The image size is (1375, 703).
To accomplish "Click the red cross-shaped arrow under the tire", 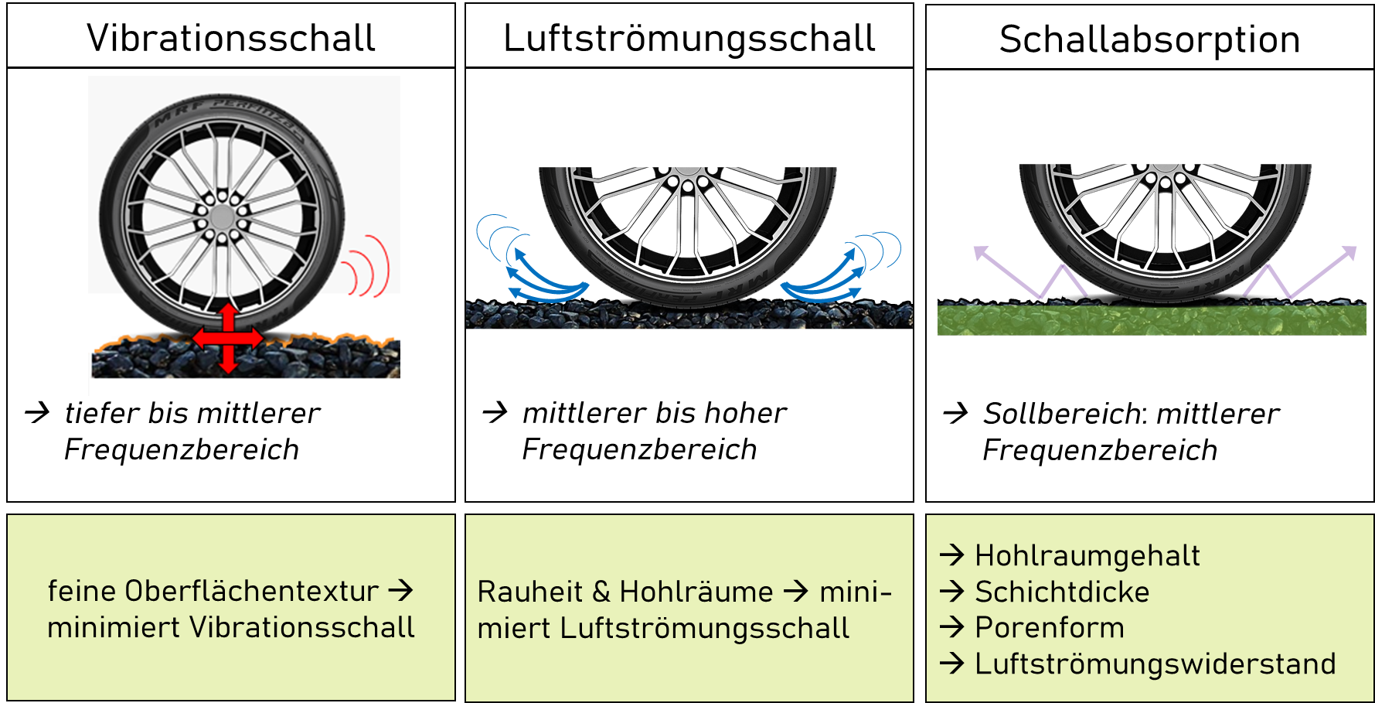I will [x=228, y=338].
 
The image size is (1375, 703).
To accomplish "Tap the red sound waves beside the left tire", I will [x=366, y=267].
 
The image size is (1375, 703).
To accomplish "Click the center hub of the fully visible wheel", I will [x=222, y=217].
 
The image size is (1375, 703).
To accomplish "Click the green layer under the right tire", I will [x=1152, y=319].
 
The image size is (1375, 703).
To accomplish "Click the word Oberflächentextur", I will [x=252, y=592].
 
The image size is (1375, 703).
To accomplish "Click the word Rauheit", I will [x=530, y=592].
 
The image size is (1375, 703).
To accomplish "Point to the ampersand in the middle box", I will [x=601, y=592].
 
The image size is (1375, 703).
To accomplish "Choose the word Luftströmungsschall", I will [x=704, y=629].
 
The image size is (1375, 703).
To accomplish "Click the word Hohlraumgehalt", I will [x=1087, y=555].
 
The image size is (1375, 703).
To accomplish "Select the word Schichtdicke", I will [x=1062, y=592].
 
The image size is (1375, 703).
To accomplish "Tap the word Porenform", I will [x=1049, y=628].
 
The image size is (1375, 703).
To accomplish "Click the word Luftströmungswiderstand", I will [x=1155, y=664].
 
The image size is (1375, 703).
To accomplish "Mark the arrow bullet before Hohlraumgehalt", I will [x=952, y=555].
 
